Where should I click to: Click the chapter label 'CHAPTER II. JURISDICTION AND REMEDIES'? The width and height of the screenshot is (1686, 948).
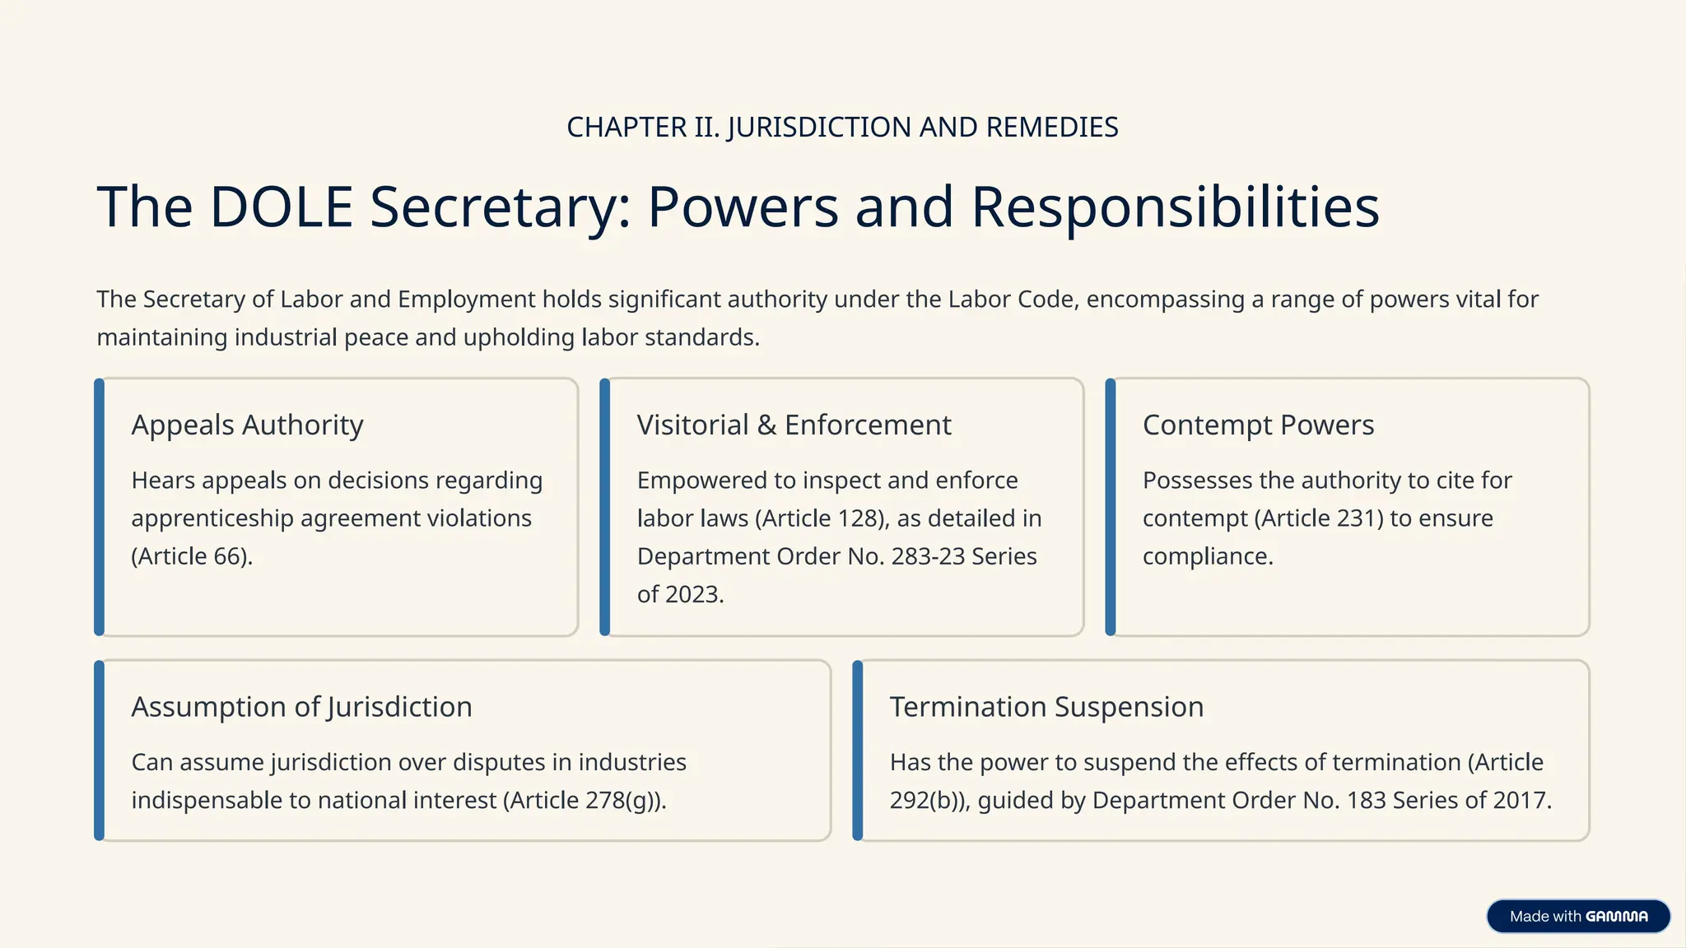pos(842,128)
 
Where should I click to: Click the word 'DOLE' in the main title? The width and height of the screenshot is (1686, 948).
pos(282,207)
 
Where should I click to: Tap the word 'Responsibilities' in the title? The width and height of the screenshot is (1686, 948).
pos(1175,207)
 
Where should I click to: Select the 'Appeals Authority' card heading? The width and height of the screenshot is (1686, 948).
pos(247,425)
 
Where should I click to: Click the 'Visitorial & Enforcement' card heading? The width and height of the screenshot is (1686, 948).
pos(794,425)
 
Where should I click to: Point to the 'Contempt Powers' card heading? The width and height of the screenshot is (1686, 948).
pos(1258,425)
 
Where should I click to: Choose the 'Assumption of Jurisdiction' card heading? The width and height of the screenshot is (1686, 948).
pos(301,707)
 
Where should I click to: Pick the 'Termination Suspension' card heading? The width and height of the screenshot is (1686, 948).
pos(1046,707)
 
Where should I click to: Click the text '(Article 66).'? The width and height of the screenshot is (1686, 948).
pos(192,556)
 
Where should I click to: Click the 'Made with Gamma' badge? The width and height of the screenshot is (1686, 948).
pos(1578,916)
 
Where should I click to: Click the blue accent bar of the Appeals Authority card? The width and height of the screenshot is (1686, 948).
pos(100,507)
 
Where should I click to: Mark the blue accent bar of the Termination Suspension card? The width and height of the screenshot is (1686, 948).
pos(858,750)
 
